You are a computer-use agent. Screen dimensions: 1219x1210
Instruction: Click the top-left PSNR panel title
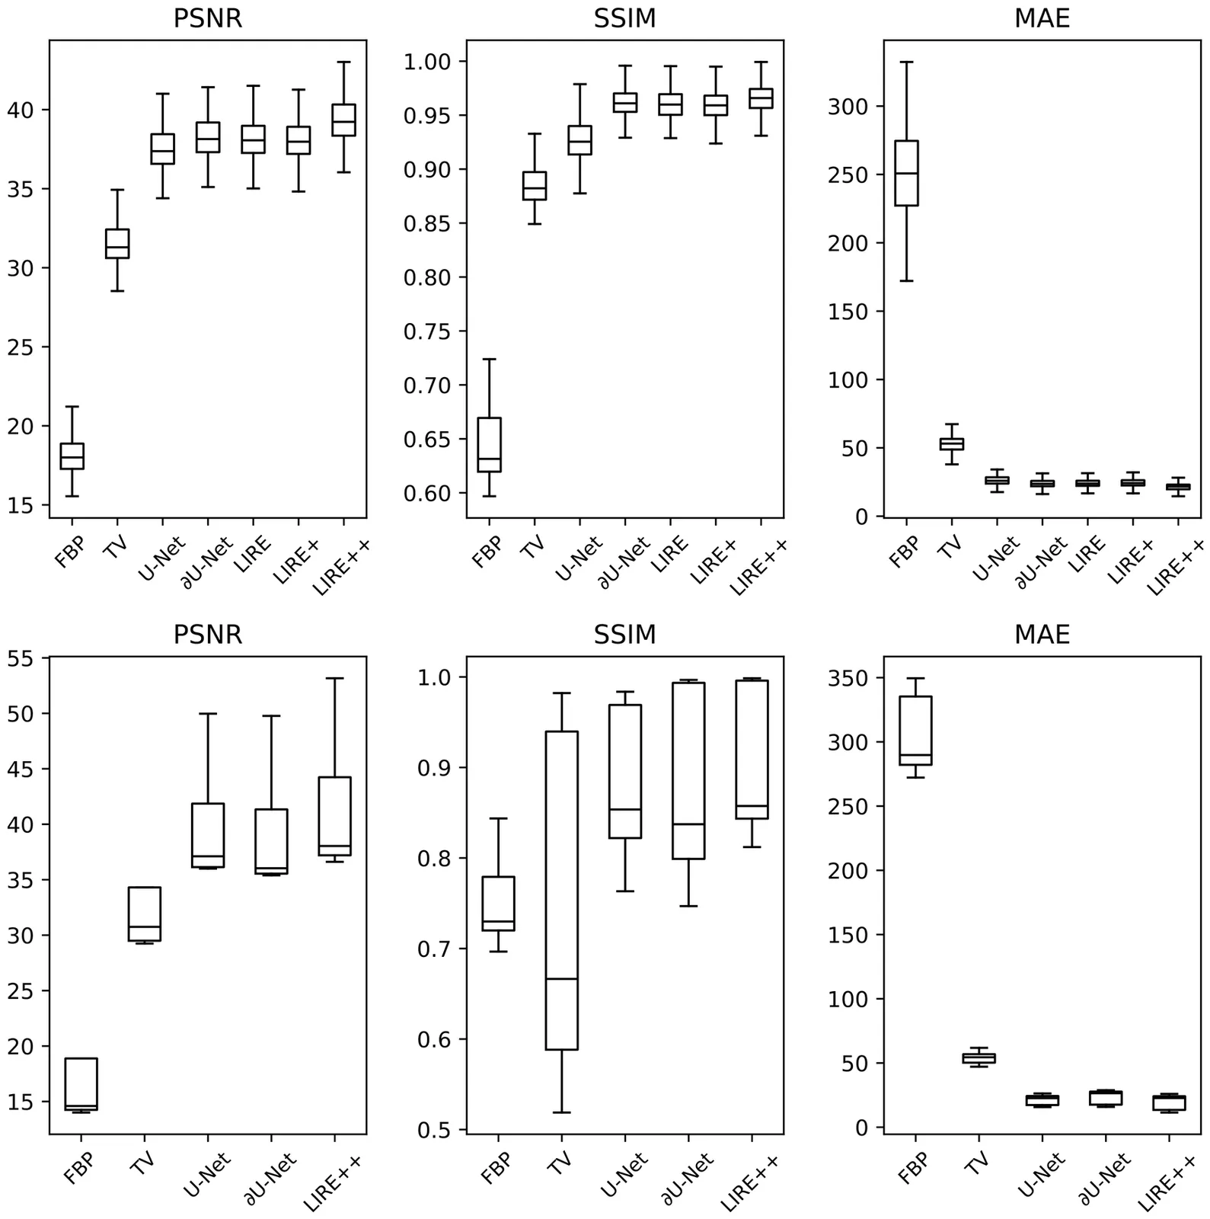208,18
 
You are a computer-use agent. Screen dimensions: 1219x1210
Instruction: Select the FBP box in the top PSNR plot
72,456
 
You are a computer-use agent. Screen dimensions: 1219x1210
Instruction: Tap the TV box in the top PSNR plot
117,244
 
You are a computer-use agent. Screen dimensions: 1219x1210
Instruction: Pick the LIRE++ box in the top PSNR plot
343,120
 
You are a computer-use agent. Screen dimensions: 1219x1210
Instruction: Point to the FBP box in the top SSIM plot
489,445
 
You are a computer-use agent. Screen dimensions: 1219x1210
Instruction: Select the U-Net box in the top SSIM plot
579,140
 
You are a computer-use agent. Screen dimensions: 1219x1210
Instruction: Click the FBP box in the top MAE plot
906,173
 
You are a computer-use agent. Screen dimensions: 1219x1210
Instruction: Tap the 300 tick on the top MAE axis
850,106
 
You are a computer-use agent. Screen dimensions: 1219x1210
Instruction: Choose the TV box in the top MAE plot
951,443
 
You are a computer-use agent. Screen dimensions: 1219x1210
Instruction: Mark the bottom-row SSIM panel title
624,635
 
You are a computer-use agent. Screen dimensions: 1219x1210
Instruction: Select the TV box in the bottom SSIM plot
561,890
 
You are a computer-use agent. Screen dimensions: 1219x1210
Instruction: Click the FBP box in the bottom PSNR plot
81,1084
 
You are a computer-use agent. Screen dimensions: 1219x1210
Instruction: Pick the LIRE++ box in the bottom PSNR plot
334,816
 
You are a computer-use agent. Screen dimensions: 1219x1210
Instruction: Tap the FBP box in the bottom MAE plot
915,731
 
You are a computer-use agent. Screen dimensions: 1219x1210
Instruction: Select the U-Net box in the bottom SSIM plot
624,771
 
